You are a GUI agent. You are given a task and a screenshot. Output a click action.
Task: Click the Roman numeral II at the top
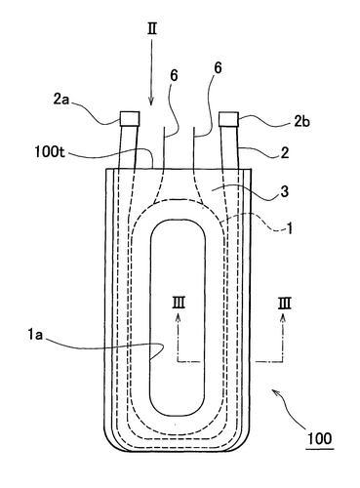pos(152,29)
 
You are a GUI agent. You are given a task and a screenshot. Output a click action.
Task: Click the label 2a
pos(61,100)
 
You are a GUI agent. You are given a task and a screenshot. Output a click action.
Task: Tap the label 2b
pos(301,122)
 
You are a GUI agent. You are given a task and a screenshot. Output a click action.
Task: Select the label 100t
pos(50,151)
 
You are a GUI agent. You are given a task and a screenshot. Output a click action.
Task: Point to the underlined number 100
pos(320,438)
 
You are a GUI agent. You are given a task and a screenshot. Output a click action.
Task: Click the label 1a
pos(35,335)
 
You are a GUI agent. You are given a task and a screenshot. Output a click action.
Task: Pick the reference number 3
pos(285,191)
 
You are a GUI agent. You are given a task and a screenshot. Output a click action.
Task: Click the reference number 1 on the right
pos(289,228)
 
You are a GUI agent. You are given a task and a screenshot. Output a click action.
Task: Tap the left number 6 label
pos(174,76)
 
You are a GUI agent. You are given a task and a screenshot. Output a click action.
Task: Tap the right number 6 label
pos(218,68)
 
